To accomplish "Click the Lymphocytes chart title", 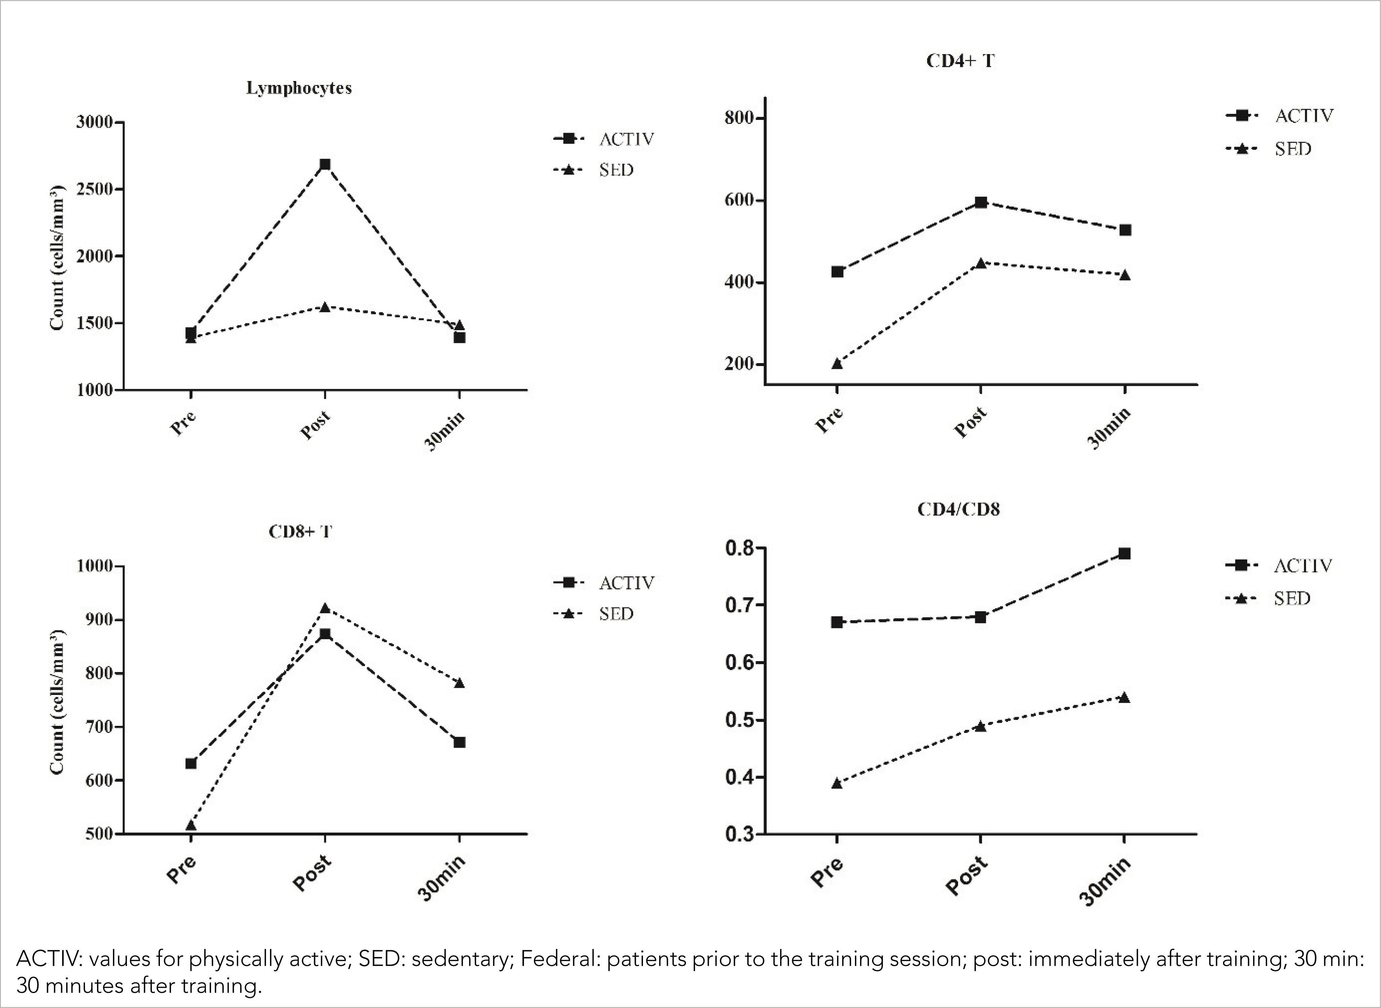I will click(x=299, y=88).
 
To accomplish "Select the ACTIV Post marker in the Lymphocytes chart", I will click(x=325, y=164).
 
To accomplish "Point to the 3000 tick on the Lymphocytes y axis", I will click(x=95, y=122).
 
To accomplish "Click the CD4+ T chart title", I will click(x=960, y=61).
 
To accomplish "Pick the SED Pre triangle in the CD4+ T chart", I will click(x=837, y=364).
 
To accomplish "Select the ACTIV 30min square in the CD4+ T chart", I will click(x=1125, y=230).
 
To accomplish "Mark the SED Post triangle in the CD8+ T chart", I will click(x=325, y=608).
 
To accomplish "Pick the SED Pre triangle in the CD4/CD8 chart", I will click(x=837, y=783).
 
